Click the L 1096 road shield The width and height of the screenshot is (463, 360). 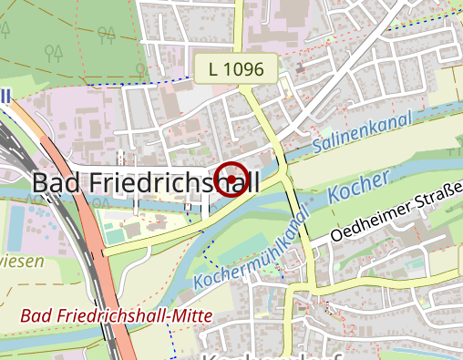(x=234, y=68)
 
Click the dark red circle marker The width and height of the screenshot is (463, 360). (x=231, y=179)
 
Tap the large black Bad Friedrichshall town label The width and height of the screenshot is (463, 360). (x=145, y=181)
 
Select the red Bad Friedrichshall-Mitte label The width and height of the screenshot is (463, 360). (x=116, y=315)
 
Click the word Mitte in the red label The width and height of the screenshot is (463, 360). (x=189, y=315)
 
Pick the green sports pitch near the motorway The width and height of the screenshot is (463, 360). (x=115, y=235)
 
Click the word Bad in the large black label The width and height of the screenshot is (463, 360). (x=52, y=181)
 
